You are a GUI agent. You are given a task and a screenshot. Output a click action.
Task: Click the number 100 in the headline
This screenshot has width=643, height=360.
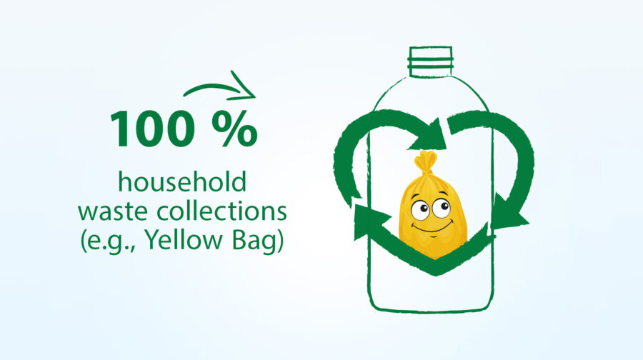(152, 129)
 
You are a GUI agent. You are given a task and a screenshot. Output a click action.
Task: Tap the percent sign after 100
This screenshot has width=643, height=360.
(235, 129)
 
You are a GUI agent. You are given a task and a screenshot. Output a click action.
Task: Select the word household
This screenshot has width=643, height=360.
(182, 181)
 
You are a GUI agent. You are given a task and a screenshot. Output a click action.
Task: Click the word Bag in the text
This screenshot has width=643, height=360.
(254, 241)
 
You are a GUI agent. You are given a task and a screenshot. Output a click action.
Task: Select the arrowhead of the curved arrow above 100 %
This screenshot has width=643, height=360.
(244, 87)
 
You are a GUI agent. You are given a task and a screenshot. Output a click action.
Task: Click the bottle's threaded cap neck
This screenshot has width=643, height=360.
(431, 61)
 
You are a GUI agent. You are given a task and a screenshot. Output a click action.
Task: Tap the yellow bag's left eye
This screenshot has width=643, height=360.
(420, 210)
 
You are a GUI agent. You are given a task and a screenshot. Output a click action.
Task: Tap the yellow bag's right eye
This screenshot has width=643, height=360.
(442, 207)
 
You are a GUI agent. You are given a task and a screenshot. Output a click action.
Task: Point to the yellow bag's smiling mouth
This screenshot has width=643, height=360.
(432, 226)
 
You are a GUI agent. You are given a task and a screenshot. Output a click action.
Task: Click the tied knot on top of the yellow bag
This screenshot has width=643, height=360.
(426, 163)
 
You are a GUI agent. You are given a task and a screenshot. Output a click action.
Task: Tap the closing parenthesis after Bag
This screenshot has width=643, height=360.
(280, 241)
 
